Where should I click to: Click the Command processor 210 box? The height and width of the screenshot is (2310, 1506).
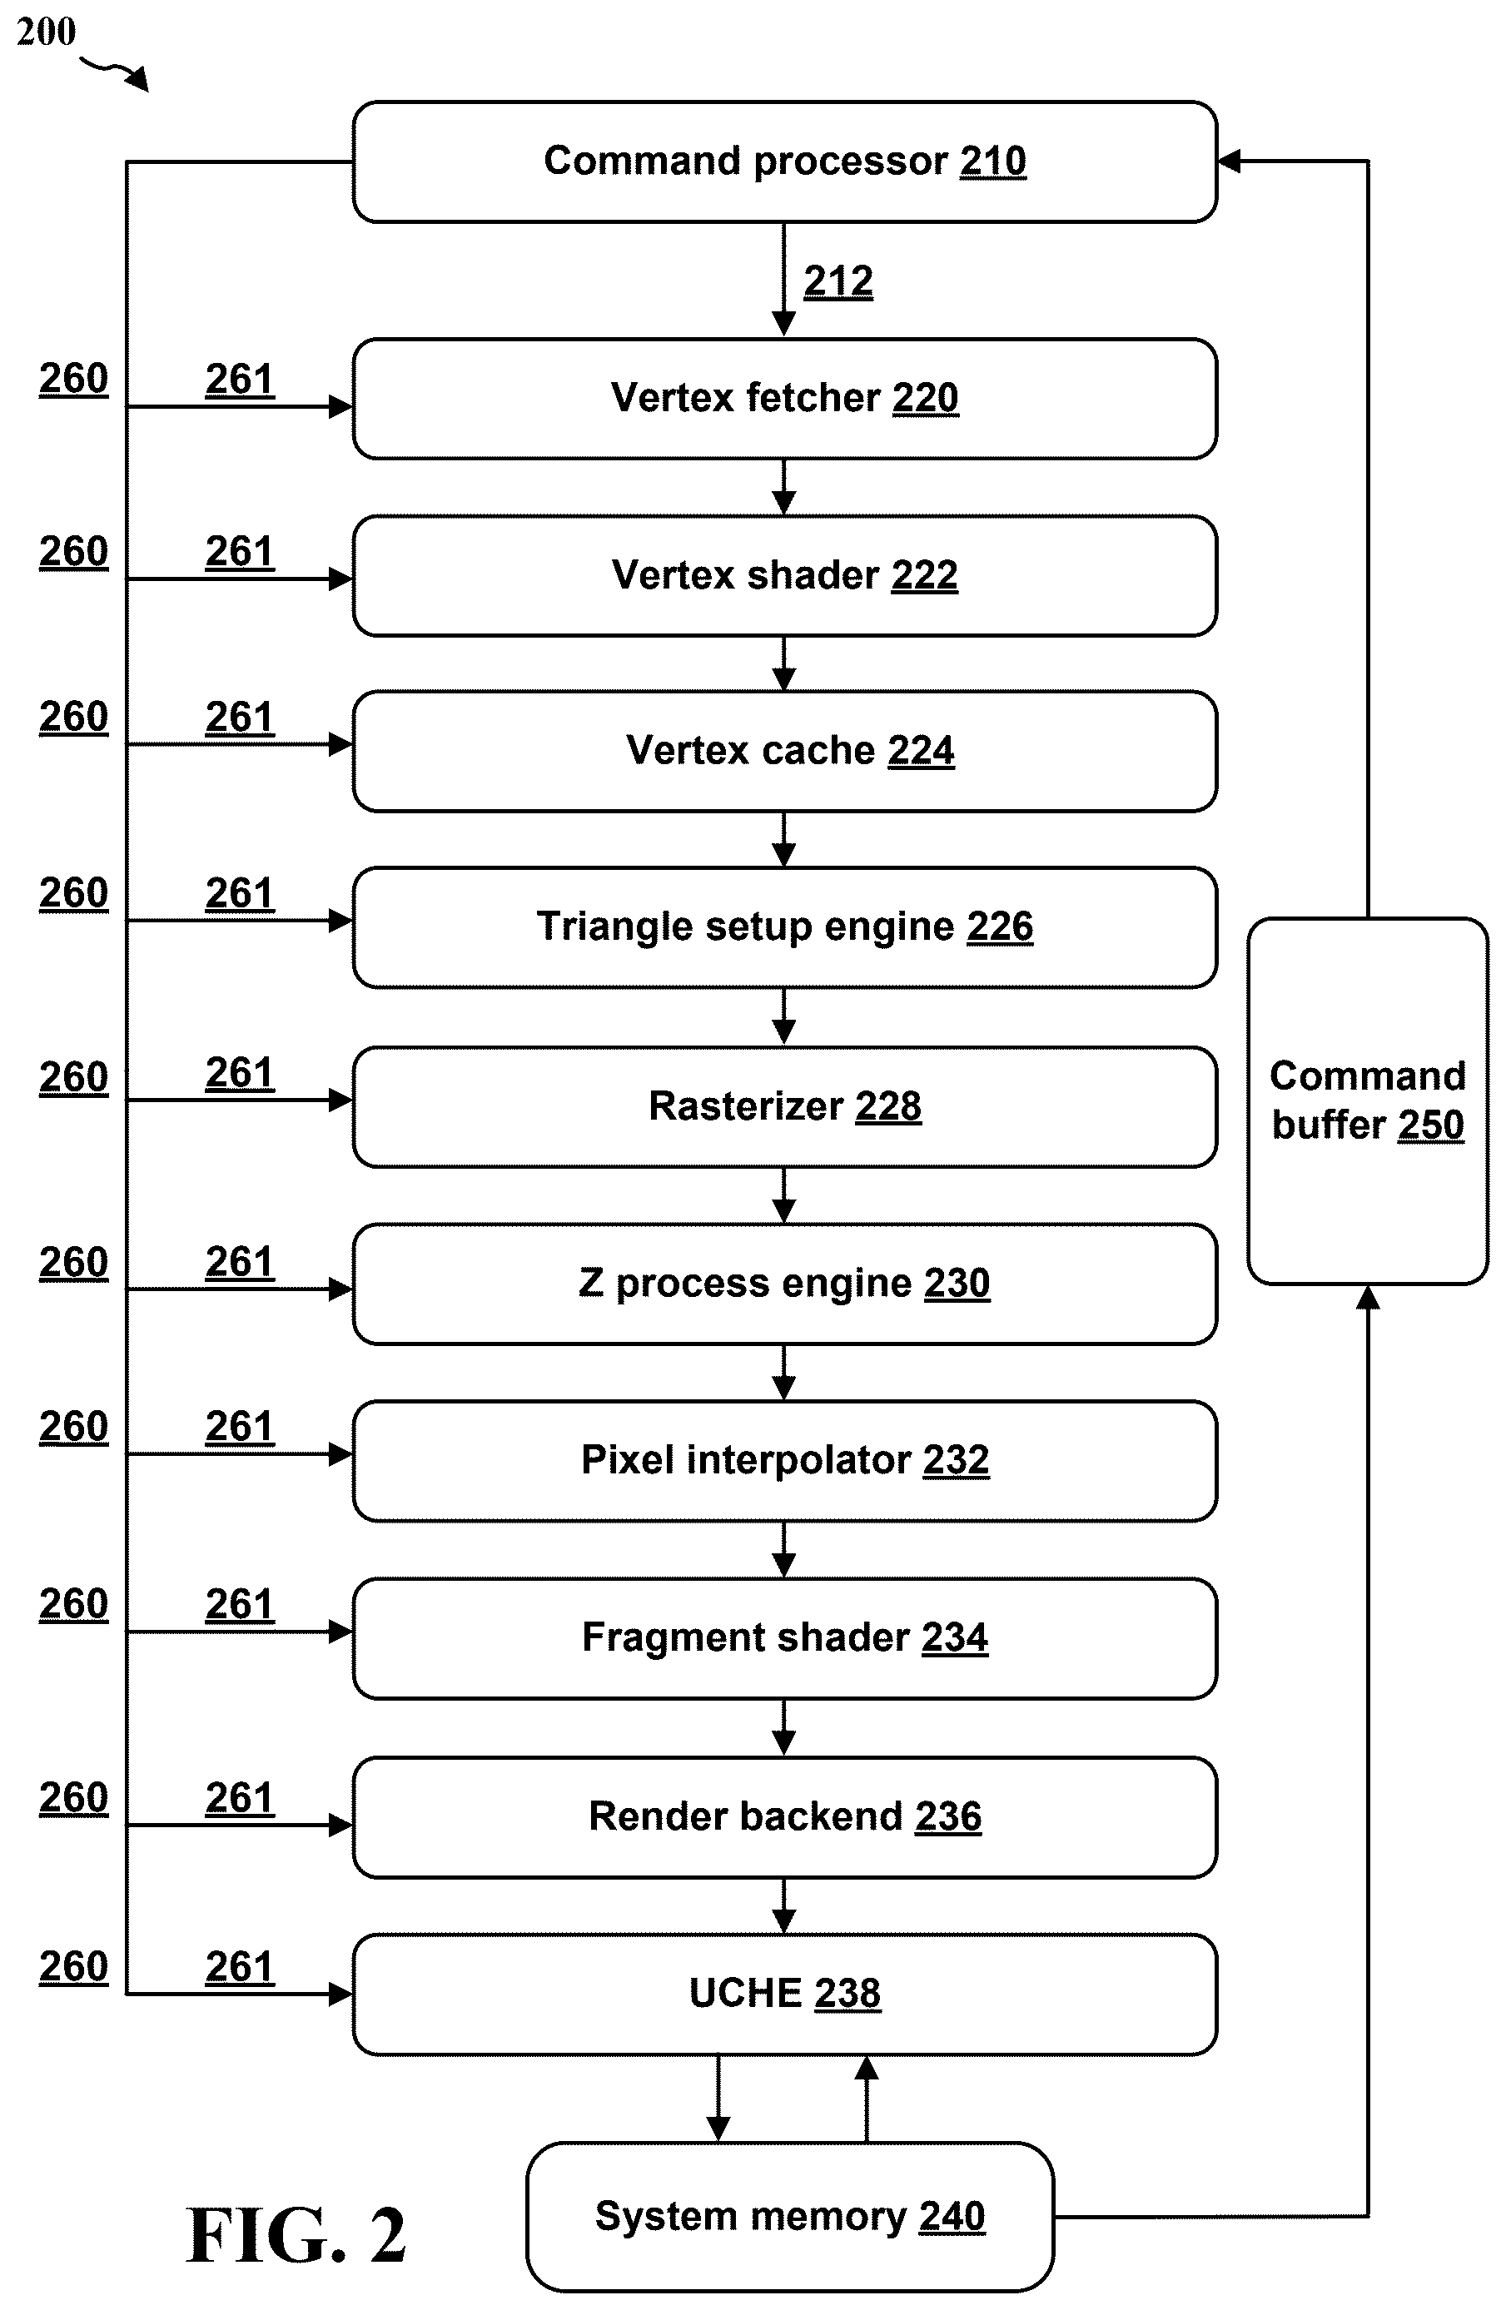pyautogui.click(x=784, y=162)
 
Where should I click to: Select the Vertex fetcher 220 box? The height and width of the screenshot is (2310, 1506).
pyautogui.click(x=784, y=399)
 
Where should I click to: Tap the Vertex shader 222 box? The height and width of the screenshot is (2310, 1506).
pyautogui.click(x=784, y=575)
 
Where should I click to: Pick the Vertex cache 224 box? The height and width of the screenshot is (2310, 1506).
pyautogui.click(x=784, y=751)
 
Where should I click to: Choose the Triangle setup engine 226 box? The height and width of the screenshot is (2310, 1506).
pyautogui.click(x=784, y=926)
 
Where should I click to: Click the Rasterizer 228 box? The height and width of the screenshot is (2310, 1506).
pyautogui.click(x=784, y=1106)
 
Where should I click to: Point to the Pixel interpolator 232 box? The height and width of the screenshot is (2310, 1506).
pyautogui.click(x=784, y=1461)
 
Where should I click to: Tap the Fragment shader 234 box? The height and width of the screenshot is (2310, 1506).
pyautogui.click(x=784, y=1638)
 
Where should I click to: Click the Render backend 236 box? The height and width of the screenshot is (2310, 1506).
pyautogui.click(x=784, y=1817)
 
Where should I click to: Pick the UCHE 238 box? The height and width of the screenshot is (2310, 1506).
pyautogui.click(x=784, y=1994)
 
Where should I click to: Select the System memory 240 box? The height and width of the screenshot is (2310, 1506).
pyautogui.click(x=790, y=2217)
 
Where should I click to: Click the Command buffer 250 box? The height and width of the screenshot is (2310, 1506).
pyautogui.click(x=1367, y=1100)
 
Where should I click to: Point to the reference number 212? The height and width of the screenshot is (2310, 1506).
pyautogui.click(x=838, y=281)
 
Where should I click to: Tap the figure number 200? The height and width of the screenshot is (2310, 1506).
pyautogui.click(x=47, y=32)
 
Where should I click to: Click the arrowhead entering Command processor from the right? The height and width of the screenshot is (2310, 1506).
pyautogui.click(x=1229, y=161)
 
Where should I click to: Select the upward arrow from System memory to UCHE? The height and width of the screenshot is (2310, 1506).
pyautogui.click(x=867, y=2099)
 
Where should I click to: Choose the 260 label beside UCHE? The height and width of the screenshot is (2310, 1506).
pyautogui.click(x=74, y=1966)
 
